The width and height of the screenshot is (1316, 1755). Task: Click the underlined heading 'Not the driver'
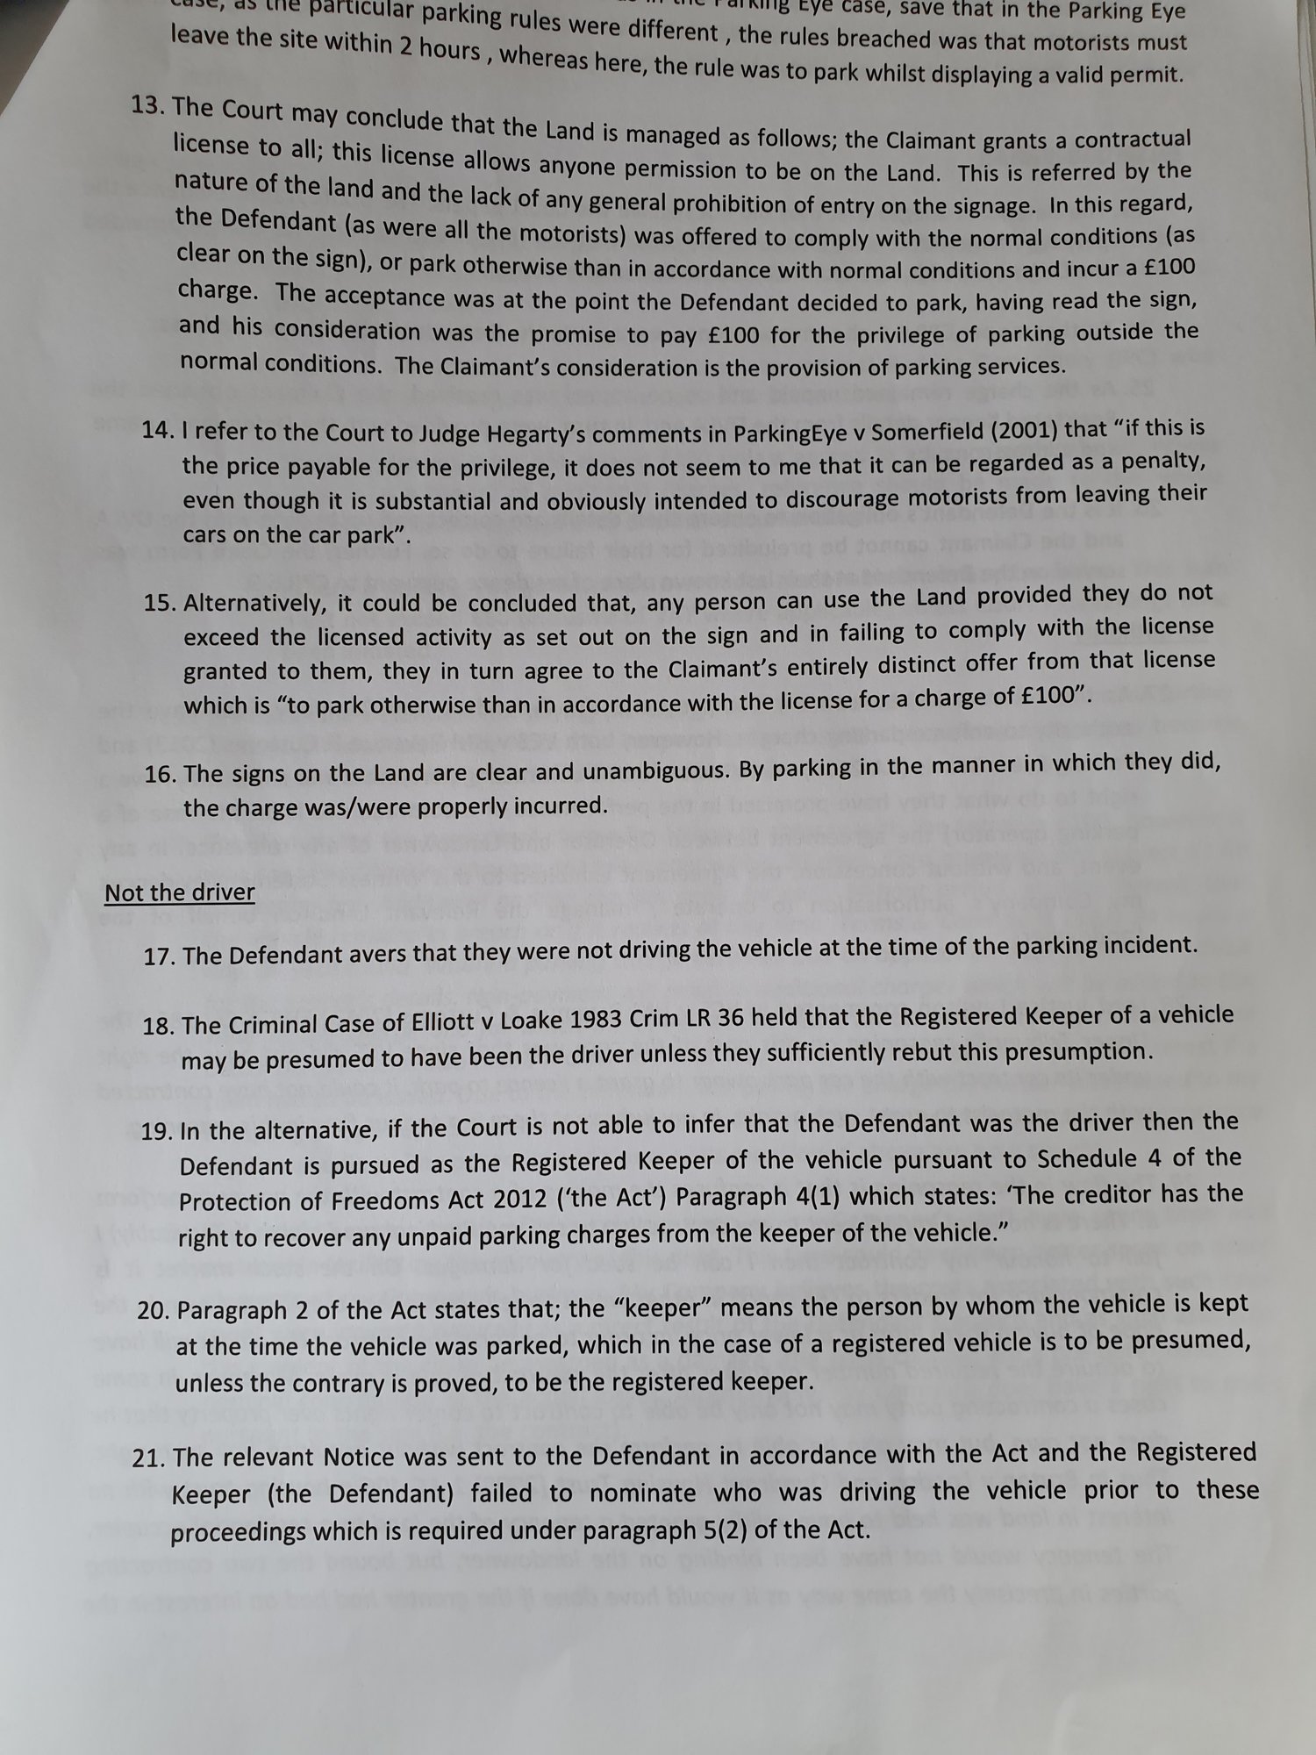(180, 892)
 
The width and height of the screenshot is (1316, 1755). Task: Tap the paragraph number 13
(148, 106)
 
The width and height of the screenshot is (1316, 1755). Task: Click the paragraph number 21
(148, 1458)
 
